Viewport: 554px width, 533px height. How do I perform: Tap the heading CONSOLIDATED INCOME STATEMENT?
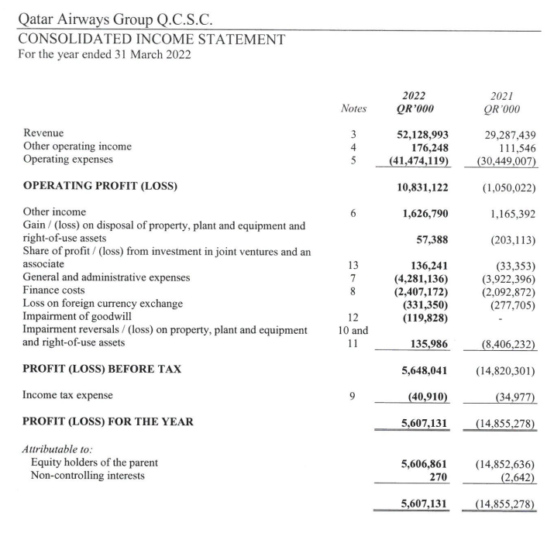click(x=151, y=40)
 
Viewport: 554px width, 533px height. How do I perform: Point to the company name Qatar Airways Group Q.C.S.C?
click(x=115, y=17)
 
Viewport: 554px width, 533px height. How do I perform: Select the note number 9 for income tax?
click(x=353, y=395)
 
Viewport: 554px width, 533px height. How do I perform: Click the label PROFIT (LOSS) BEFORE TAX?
click(x=102, y=369)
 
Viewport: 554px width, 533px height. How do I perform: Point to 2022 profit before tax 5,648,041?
click(x=425, y=370)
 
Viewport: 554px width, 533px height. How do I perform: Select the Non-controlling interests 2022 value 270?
click(x=439, y=476)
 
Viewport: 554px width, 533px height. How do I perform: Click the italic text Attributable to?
click(x=57, y=449)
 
